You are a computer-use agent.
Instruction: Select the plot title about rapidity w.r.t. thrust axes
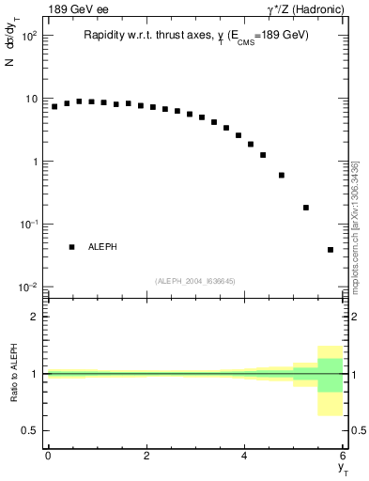pyautogui.click(x=195, y=36)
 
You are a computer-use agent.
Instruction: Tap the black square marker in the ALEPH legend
pyautogui.click(x=71, y=247)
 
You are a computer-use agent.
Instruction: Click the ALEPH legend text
pyautogui.click(x=102, y=247)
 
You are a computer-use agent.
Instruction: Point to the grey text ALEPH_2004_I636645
pyautogui.click(x=194, y=281)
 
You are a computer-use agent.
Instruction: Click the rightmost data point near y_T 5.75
pyautogui.click(x=331, y=250)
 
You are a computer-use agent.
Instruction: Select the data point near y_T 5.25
pyautogui.click(x=306, y=208)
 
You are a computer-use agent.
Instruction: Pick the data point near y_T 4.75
pyautogui.click(x=282, y=175)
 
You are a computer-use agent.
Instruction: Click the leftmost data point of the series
pyautogui.click(x=54, y=106)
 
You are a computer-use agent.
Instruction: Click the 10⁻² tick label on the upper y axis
pyautogui.click(x=27, y=287)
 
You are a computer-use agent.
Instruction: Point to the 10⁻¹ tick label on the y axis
pyautogui.click(x=27, y=225)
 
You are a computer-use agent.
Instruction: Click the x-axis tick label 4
pyautogui.click(x=245, y=457)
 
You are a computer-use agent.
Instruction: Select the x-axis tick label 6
pyautogui.click(x=343, y=457)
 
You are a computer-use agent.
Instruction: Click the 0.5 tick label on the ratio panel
pyautogui.click(x=31, y=430)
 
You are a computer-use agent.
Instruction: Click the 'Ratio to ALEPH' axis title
pyautogui.click(x=14, y=373)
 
